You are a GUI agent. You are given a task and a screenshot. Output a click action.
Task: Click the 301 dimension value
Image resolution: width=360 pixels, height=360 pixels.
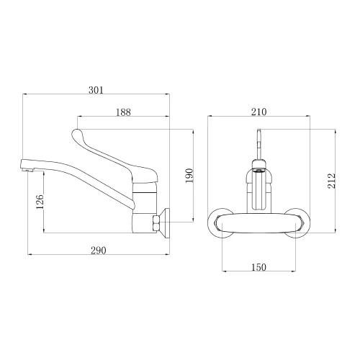[96, 90]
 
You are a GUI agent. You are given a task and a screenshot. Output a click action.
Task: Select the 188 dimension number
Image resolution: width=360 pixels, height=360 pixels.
[123, 112]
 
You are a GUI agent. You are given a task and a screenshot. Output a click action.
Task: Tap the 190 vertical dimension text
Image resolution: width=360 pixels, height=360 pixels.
[189, 176]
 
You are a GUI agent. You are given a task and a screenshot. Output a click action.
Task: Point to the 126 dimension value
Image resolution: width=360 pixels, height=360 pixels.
[40, 202]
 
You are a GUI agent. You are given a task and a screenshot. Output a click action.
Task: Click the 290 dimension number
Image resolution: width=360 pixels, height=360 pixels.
[99, 251]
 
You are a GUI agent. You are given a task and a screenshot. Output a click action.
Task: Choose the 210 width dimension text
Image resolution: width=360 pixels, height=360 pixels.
[259, 112]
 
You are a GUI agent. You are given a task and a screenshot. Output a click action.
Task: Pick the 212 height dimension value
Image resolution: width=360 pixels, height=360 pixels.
[331, 181]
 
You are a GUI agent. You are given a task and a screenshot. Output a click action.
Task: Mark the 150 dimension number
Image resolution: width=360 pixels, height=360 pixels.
[258, 267]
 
